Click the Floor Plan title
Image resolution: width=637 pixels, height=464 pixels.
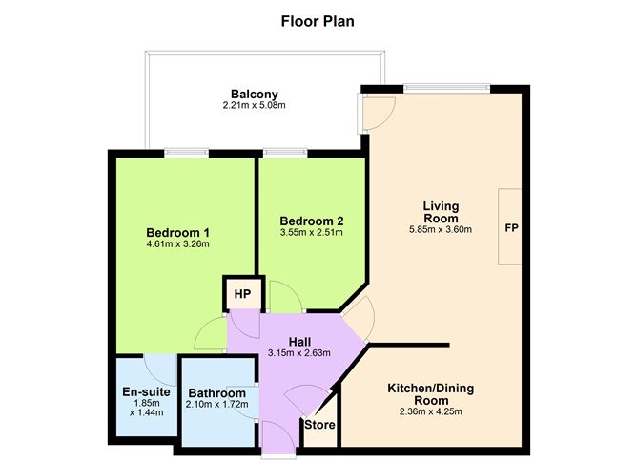(x=318, y=21)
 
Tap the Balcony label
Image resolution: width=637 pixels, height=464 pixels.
(x=255, y=94)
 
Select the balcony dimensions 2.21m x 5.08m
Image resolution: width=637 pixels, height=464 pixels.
(x=255, y=105)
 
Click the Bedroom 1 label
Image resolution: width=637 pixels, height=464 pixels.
(x=178, y=233)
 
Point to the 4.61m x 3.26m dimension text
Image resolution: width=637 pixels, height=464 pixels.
(x=178, y=244)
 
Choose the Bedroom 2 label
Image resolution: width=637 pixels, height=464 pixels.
(x=312, y=221)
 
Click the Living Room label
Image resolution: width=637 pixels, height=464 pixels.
(x=441, y=212)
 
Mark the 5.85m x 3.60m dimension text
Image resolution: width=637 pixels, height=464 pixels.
(x=441, y=229)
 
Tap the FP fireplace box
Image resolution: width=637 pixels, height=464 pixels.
(x=510, y=227)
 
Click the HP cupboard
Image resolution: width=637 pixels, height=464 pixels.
(x=243, y=294)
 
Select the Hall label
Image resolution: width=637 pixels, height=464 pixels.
(x=299, y=342)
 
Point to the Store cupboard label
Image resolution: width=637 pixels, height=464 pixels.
(x=319, y=425)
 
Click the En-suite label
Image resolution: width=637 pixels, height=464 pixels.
(x=146, y=392)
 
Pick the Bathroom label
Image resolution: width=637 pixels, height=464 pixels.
(x=216, y=393)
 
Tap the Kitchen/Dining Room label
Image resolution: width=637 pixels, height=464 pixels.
(x=431, y=394)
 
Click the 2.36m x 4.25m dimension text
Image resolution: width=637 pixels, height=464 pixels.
(x=431, y=411)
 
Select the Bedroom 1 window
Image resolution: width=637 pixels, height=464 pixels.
(x=187, y=154)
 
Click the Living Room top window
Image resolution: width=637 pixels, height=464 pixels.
(x=447, y=88)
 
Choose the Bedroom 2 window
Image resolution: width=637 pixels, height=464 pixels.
(x=285, y=154)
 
